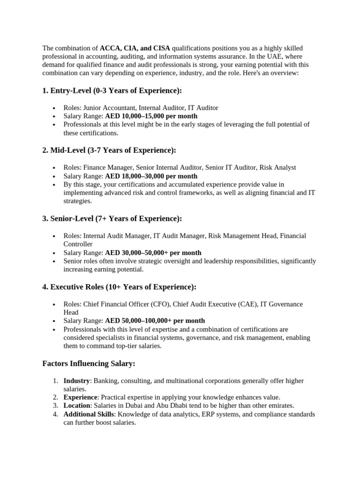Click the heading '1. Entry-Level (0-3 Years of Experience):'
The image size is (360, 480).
(112, 90)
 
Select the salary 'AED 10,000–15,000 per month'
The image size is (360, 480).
(151, 116)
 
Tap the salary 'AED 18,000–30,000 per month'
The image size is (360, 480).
(151, 176)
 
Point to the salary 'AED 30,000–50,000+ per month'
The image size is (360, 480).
(153, 253)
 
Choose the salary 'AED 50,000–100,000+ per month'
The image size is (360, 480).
(155, 321)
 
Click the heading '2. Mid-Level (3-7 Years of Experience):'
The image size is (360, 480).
(109, 150)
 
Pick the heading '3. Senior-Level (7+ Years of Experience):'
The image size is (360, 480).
(112, 218)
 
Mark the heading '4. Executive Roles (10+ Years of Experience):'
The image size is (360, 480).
(119, 286)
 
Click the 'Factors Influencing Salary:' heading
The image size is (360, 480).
(89, 363)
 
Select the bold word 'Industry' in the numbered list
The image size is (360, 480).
(76, 381)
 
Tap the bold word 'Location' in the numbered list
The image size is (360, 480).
(77, 406)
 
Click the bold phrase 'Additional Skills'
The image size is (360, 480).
(89, 414)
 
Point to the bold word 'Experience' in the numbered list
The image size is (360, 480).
(81, 397)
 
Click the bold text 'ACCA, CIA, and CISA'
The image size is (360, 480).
(135, 48)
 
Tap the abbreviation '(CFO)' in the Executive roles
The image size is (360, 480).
(161, 304)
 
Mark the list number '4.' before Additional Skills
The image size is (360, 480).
(55, 414)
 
